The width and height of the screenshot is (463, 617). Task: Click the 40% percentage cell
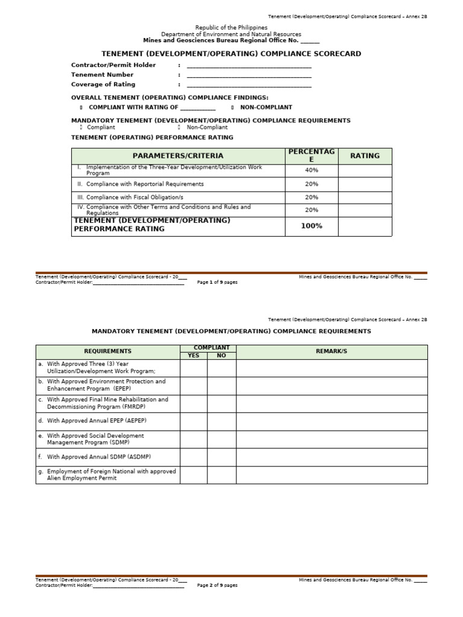[311, 171]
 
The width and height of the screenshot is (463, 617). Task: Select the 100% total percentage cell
[311, 226]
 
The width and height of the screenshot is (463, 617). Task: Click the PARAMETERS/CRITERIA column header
[178, 156]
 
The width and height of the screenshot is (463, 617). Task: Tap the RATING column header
[365, 156]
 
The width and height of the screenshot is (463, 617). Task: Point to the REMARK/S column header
[332, 351]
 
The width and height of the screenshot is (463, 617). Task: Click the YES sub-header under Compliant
[194, 355]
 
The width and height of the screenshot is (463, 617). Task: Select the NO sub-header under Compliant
[221, 355]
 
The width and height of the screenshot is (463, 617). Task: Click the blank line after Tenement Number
[249, 75]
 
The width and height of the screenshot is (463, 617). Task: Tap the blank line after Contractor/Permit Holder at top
[249, 66]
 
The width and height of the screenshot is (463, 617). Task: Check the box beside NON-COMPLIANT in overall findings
[232, 107]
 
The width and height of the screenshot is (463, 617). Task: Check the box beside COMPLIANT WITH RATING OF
[81, 107]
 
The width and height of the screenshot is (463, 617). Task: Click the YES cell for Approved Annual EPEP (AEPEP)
[194, 421]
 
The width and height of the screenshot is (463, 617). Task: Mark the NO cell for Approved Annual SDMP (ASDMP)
[221, 457]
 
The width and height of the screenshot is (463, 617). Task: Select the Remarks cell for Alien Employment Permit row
[332, 475]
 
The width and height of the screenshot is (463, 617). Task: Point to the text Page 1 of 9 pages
[217, 282]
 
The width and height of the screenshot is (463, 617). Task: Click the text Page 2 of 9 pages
[217, 585]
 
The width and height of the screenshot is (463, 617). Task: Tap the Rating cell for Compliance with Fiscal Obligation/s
[365, 198]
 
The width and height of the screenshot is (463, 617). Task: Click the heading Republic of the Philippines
[231, 28]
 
